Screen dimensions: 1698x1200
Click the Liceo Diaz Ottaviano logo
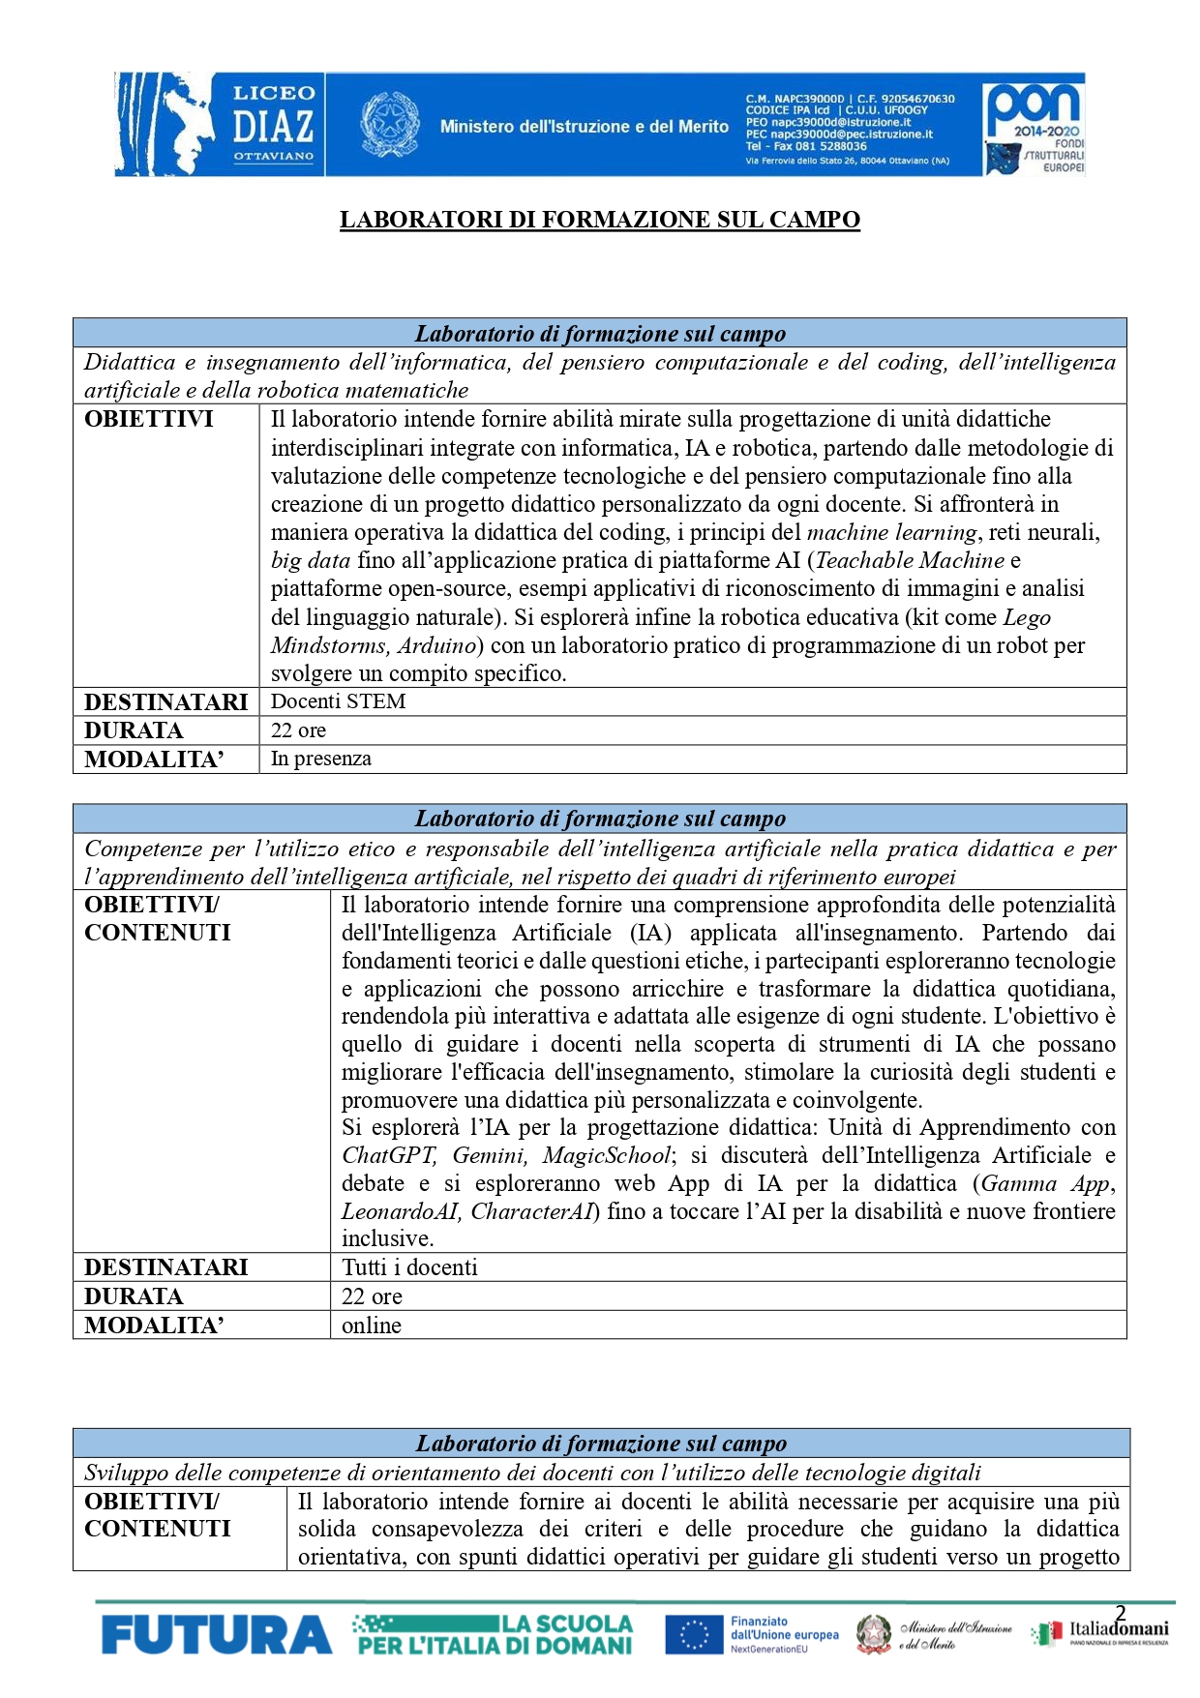(x=219, y=125)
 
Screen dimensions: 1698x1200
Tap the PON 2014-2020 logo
(x=1034, y=125)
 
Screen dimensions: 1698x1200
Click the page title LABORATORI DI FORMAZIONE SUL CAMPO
(x=599, y=220)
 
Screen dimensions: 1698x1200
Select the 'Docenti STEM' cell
(x=338, y=701)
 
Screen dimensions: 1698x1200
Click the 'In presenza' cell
(x=320, y=759)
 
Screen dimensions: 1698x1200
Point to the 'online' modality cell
(x=371, y=1326)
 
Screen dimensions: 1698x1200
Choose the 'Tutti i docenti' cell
(x=409, y=1267)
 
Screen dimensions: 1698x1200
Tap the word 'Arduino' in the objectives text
(x=435, y=645)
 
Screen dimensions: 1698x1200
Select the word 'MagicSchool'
(x=606, y=1156)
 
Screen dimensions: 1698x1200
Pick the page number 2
(x=1121, y=1613)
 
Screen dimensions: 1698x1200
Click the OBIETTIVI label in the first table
(x=149, y=420)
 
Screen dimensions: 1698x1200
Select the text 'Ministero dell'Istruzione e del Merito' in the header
(x=584, y=127)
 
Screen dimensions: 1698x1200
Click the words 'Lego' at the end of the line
(x=1027, y=617)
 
